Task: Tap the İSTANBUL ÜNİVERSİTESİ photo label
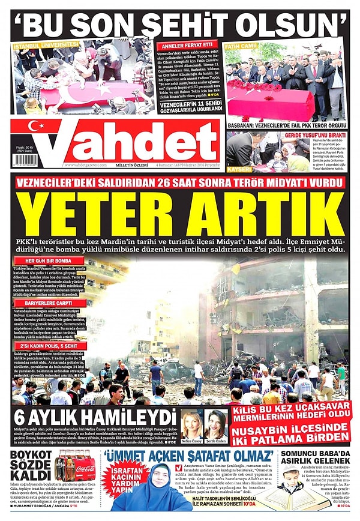pos(46,45)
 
